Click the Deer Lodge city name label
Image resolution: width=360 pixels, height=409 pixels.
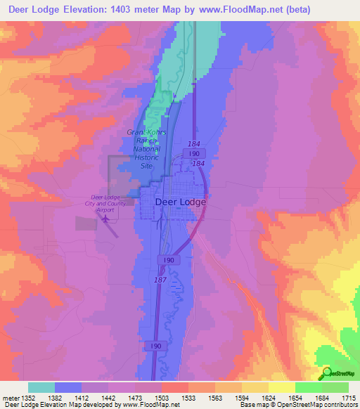point(180,202)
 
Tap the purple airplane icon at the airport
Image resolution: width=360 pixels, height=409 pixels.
point(106,219)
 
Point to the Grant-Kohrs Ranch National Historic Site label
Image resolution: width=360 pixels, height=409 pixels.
point(146,148)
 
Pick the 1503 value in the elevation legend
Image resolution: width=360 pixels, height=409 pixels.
point(162,398)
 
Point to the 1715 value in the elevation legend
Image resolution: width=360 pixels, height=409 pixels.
point(349,398)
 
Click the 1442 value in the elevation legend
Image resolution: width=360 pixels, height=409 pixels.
point(108,398)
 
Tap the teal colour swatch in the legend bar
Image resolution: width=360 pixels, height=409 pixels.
point(41,387)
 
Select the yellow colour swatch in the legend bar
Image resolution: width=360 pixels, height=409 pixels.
point(281,387)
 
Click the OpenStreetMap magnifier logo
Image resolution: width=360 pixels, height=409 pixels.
point(326,373)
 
